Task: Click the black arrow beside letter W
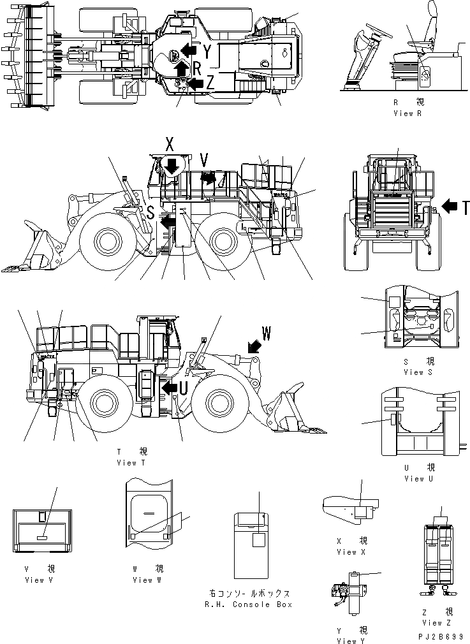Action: [x=253, y=346]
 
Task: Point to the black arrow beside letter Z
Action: [x=196, y=82]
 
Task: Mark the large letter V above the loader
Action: [x=203, y=158]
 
